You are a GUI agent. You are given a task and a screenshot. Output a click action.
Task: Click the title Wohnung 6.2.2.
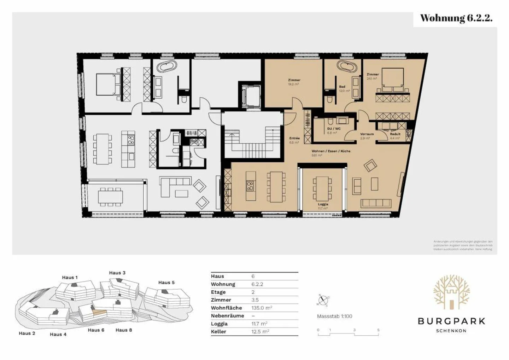click(x=456, y=18)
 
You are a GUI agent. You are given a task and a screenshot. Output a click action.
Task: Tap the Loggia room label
click(x=323, y=204)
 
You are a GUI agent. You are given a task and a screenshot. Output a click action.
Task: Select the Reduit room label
click(x=395, y=134)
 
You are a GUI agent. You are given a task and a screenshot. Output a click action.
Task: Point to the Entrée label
click(x=294, y=138)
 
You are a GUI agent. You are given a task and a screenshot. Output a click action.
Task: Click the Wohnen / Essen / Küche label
click(x=331, y=151)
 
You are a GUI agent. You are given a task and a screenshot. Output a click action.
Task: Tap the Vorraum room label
click(x=367, y=134)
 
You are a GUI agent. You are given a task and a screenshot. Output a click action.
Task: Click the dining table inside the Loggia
click(x=322, y=187)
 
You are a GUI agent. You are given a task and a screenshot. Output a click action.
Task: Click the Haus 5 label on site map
click(x=166, y=283)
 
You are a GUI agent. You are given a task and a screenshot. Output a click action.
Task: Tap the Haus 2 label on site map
click(x=27, y=333)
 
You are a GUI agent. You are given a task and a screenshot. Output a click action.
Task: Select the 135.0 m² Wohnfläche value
click(x=262, y=308)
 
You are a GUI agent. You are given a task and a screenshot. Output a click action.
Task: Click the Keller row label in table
click(x=218, y=332)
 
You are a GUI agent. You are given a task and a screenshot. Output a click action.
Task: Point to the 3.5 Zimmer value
click(x=255, y=300)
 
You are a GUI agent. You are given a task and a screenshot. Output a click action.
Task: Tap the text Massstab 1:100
click(x=334, y=316)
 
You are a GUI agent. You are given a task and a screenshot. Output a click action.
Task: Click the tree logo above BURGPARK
click(x=451, y=291)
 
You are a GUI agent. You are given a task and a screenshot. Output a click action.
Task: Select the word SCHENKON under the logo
click(x=451, y=331)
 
